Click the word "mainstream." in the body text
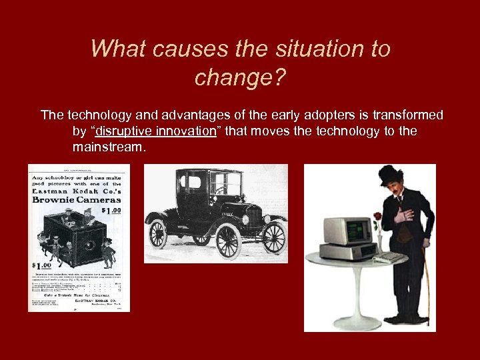108,146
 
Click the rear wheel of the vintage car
158,234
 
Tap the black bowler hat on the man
391,175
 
